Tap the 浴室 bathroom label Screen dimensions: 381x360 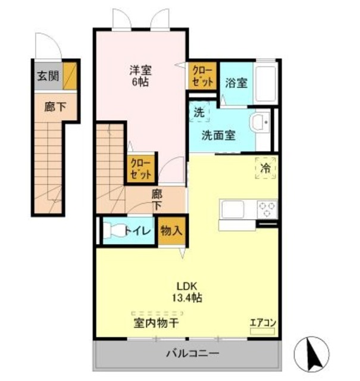point(236,83)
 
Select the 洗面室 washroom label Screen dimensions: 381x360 point(218,135)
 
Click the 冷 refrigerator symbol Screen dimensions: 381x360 point(266,168)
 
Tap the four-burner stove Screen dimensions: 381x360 point(267,210)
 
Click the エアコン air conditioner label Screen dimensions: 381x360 point(262,323)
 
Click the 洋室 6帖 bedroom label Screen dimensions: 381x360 point(141,76)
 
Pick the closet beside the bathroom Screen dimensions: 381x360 point(202,76)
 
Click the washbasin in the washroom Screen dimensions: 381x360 point(260,123)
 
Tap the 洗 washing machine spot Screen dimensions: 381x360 point(198,111)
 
